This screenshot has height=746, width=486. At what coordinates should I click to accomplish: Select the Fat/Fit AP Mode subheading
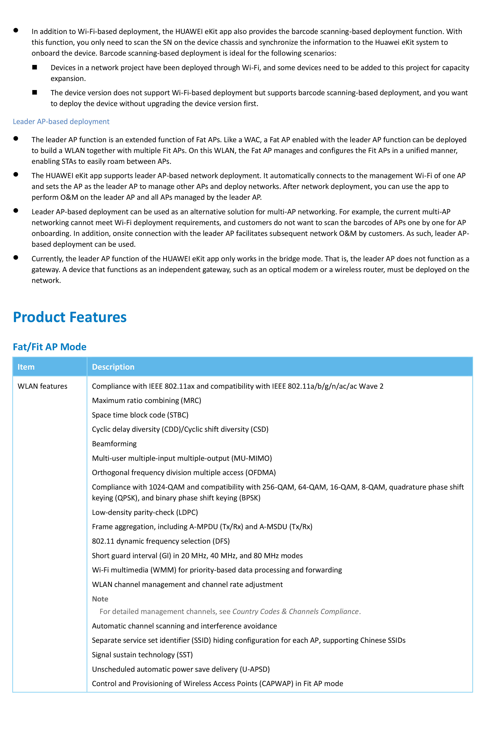(x=50, y=347)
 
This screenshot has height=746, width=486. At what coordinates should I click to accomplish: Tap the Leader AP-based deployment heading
(x=61, y=122)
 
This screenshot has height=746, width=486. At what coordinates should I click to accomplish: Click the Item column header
(x=26, y=367)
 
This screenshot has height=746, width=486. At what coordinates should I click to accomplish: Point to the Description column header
(x=113, y=367)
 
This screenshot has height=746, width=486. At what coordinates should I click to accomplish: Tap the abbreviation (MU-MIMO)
(x=252, y=458)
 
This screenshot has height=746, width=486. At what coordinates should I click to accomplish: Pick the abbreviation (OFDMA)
(x=261, y=473)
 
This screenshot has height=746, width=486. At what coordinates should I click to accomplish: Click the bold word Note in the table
(x=100, y=599)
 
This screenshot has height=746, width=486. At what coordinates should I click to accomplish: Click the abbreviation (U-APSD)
(x=255, y=669)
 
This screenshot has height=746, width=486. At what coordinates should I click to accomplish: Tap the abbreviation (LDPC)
(x=187, y=512)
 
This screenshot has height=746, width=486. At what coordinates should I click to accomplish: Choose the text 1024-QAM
(x=167, y=487)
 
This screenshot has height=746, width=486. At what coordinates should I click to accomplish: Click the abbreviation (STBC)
(x=178, y=415)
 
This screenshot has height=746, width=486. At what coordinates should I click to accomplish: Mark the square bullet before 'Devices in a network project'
(x=35, y=67)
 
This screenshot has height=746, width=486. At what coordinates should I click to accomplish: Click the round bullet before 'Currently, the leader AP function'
(x=16, y=258)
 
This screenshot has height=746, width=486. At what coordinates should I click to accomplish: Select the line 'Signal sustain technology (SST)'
(x=142, y=655)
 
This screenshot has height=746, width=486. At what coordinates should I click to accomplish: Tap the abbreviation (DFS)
(x=221, y=541)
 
